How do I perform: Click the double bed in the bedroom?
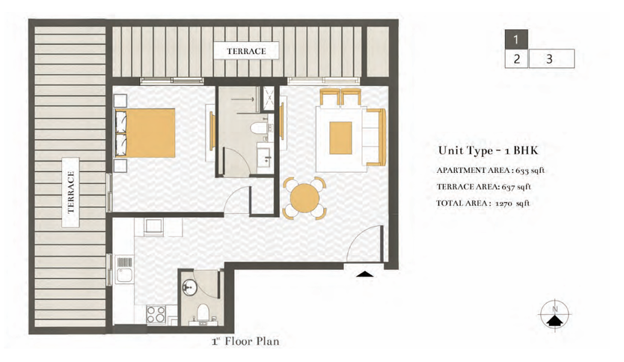[x=145, y=133]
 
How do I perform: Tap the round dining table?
[x=305, y=198]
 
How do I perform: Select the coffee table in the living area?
[x=340, y=138]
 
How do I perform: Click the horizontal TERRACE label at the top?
[x=246, y=51]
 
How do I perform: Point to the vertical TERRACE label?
[x=71, y=192]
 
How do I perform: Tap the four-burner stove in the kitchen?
[x=156, y=314]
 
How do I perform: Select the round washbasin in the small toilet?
[x=189, y=288]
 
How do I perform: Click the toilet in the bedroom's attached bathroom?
[x=259, y=129]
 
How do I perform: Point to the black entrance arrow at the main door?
[x=364, y=273]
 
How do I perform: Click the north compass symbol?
[x=554, y=314]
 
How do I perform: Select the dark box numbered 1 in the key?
[x=516, y=40]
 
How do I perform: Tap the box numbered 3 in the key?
[x=551, y=59]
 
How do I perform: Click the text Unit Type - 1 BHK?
[x=488, y=150]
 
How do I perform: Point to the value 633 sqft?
[x=530, y=171]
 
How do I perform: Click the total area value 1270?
[x=504, y=203]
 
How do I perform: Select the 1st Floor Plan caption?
[x=245, y=341]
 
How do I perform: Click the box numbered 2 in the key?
[x=516, y=59]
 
